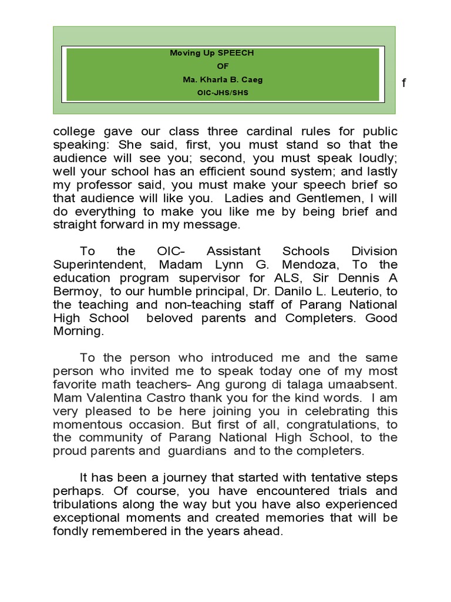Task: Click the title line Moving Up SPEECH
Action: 211,53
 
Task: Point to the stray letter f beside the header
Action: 403,83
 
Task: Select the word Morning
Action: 77,332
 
